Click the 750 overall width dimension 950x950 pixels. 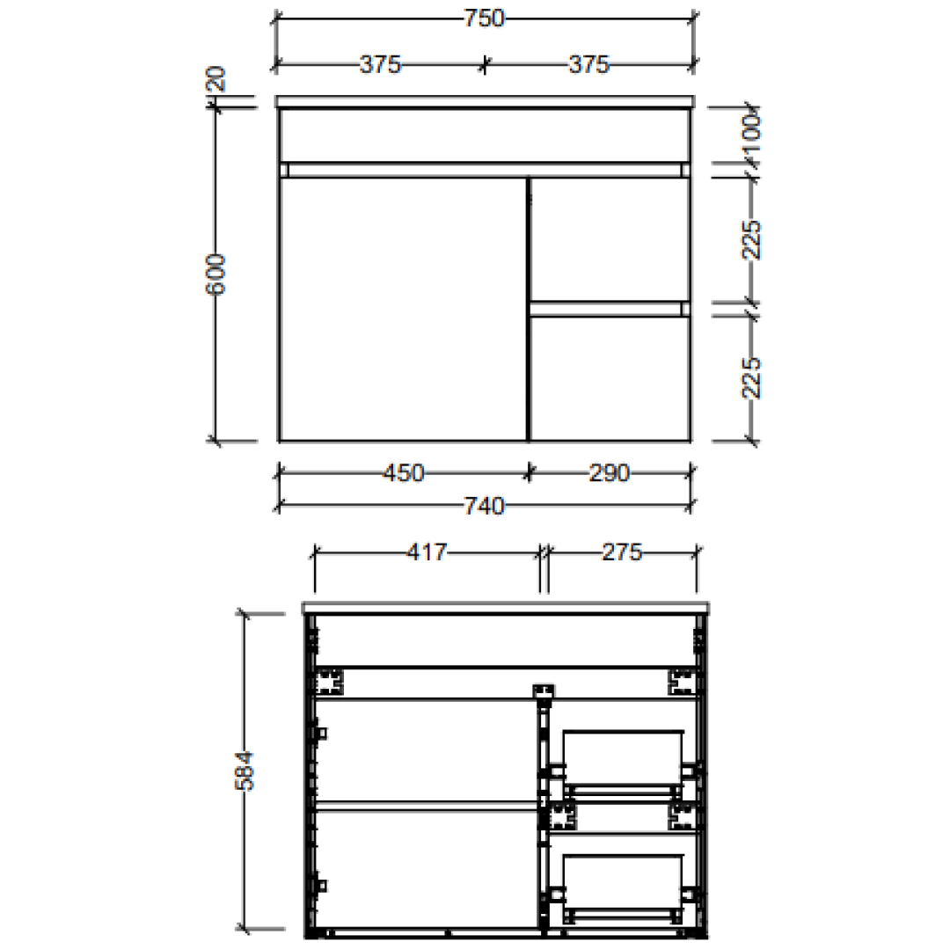tap(484, 18)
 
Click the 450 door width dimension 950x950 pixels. tap(403, 473)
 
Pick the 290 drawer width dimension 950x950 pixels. tap(609, 473)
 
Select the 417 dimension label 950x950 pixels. tap(427, 552)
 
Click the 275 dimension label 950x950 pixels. tap(622, 552)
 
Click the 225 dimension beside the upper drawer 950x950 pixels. tap(752, 239)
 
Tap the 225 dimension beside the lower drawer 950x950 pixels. tap(752, 377)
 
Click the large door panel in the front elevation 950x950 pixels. tap(402, 308)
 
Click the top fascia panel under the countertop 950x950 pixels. tap(484, 135)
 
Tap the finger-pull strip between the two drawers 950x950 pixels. tap(607, 308)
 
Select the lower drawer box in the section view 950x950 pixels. tap(623, 884)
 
